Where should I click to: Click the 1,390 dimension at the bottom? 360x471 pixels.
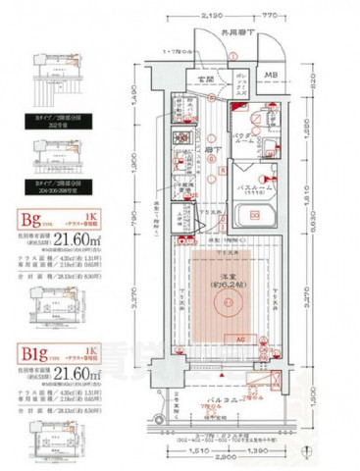[258, 447]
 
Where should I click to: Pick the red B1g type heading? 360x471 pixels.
[29, 353]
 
